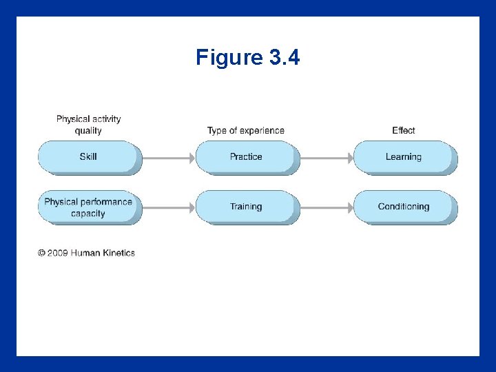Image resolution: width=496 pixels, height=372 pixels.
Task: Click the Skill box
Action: (88, 157)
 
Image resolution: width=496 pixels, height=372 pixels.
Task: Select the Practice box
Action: (246, 157)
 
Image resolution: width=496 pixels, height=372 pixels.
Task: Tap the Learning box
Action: (404, 157)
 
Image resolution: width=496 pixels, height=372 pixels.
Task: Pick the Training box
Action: (246, 207)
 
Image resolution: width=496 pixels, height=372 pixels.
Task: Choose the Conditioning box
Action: (404, 207)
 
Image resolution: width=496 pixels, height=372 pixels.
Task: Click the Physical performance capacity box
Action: (88, 207)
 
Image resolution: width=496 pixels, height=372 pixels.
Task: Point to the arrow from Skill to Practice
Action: (169, 158)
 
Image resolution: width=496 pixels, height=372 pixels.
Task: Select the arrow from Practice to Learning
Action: (327, 158)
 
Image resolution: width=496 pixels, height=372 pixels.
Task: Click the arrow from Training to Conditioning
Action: (327, 207)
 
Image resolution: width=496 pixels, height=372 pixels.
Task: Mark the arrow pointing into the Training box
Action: (169, 207)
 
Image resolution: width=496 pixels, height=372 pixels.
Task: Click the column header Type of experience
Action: (246, 130)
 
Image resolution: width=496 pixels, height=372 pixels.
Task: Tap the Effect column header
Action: (404, 130)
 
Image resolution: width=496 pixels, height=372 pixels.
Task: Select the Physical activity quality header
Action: (88, 125)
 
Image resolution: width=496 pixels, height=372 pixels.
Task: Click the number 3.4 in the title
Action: (285, 57)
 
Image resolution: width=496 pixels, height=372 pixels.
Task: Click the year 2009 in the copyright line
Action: (58, 253)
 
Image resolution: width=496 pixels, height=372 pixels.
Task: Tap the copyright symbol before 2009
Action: (41, 253)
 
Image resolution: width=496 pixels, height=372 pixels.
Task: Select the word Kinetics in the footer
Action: (119, 253)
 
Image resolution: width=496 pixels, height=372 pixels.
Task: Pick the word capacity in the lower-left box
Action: (88, 214)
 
